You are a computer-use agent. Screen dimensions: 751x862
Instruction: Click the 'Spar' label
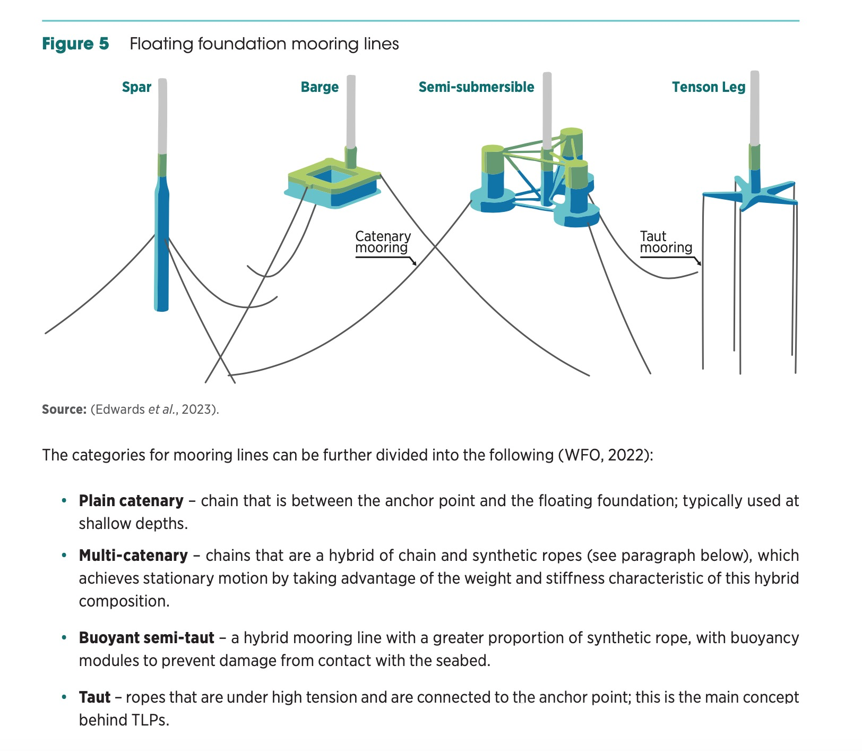tap(136, 87)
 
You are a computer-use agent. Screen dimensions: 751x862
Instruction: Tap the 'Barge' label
tap(320, 87)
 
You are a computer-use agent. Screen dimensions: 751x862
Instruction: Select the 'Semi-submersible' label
tap(476, 87)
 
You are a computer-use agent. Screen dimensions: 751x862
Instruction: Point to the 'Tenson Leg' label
tap(709, 87)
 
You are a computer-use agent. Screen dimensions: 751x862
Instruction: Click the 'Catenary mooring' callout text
tap(383, 242)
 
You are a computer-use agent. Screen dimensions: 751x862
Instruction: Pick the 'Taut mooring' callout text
tap(666, 242)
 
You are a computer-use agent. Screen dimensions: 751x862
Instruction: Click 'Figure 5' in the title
tap(75, 44)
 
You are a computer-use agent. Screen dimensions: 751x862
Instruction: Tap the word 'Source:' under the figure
tap(64, 409)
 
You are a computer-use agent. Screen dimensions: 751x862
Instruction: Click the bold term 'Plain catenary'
tap(131, 501)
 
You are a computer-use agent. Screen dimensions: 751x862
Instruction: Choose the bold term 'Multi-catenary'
tap(133, 556)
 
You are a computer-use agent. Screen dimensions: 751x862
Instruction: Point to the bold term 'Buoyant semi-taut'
tap(146, 638)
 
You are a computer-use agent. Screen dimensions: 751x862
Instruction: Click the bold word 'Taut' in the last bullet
tap(94, 697)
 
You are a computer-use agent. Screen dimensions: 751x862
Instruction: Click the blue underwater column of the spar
tap(162, 250)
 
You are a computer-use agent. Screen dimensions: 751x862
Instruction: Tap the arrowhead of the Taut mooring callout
tap(700, 263)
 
